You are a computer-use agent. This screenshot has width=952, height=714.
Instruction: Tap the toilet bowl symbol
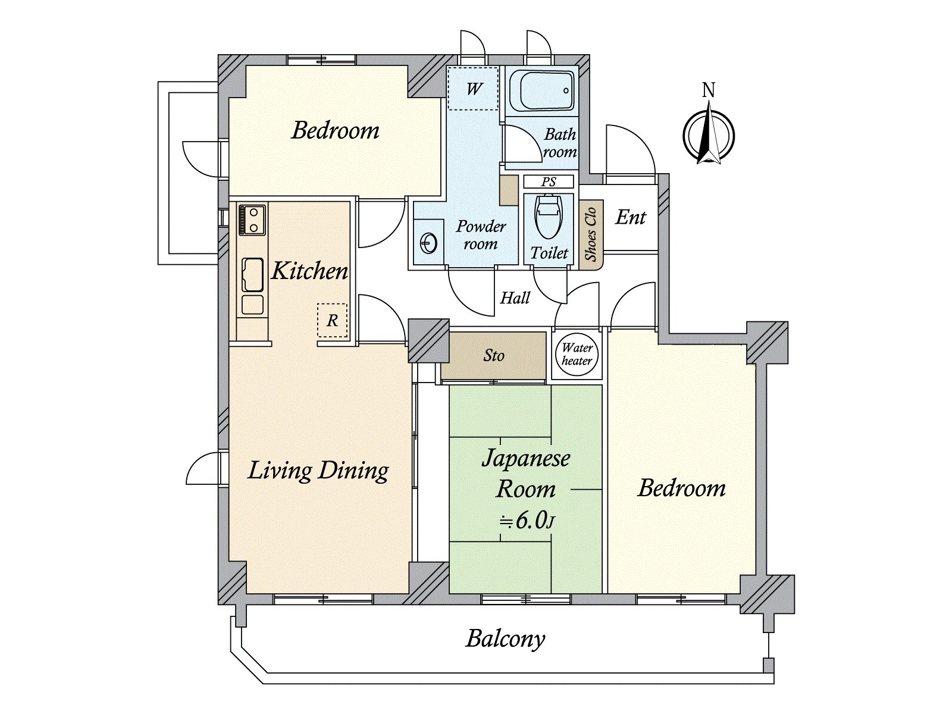click(x=549, y=217)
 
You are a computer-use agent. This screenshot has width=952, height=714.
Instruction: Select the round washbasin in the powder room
click(x=428, y=243)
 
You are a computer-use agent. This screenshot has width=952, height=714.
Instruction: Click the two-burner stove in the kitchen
click(x=252, y=220)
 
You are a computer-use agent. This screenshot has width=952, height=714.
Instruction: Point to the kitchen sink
click(x=252, y=275)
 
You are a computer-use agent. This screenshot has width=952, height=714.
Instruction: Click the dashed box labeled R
click(x=332, y=320)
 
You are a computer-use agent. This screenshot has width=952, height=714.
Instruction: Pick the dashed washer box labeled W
click(x=473, y=89)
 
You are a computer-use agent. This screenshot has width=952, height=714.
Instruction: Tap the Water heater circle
click(x=577, y=355)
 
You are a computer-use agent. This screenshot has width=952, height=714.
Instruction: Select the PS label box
click(x=549, y=181)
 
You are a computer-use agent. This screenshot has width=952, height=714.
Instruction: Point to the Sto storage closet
click(x=494, y=355)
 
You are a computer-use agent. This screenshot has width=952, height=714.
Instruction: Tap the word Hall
click(x=515, y=298)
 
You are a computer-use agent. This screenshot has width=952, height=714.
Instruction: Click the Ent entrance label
click(x=631, y=217)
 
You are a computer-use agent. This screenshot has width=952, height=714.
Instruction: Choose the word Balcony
click(x=506, y=640)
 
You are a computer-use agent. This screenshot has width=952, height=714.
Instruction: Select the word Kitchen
click(x=309, y=271)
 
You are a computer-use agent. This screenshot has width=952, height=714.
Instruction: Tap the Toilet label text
click(x=549, y=253)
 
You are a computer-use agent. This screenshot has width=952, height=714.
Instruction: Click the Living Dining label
click(x=318, y=471)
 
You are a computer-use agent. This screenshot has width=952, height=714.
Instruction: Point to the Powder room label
click(x=481, y=235)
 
